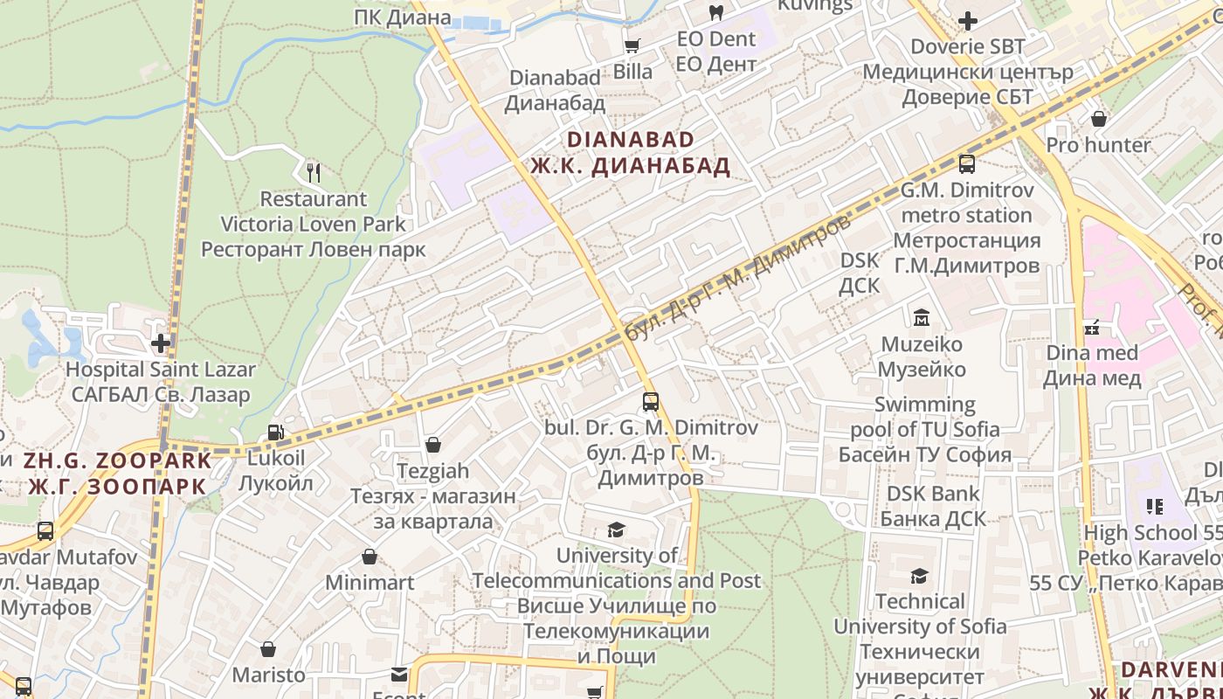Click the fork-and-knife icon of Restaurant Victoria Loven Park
pos(314,172)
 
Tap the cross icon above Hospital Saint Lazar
pos(161,343)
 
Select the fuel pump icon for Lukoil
pos(275,432)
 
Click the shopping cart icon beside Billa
pos(632,45)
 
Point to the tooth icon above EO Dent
pos(715,12)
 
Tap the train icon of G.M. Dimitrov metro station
pos(966,163)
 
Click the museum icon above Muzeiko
pos(921,317)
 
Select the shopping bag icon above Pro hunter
pos(1098,118)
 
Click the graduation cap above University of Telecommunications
pos(616,529)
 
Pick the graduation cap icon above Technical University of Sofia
pos(919,576)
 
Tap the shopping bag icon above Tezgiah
pos(432,445)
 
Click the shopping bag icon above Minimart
pos(370,557)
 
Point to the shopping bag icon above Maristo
pos(268,649)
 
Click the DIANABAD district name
pos(631,140)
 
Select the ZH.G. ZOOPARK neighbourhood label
pos(118,460)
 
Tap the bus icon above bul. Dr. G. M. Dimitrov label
pos(650,402)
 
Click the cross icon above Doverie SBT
pos(967,20)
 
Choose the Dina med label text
pos(1092,353)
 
